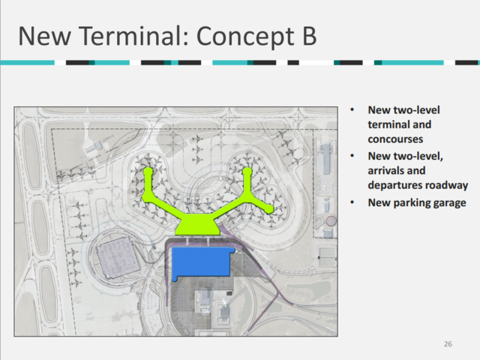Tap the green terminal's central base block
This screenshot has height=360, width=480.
click(196, 224)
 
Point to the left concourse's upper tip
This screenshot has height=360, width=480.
click(148, 172)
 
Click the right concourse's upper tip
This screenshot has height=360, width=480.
click(247, 172)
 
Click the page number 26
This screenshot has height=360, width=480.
click(448, 343)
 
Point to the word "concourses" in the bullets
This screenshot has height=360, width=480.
click(394, 139)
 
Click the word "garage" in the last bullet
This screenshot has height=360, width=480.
click(450, 202)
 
